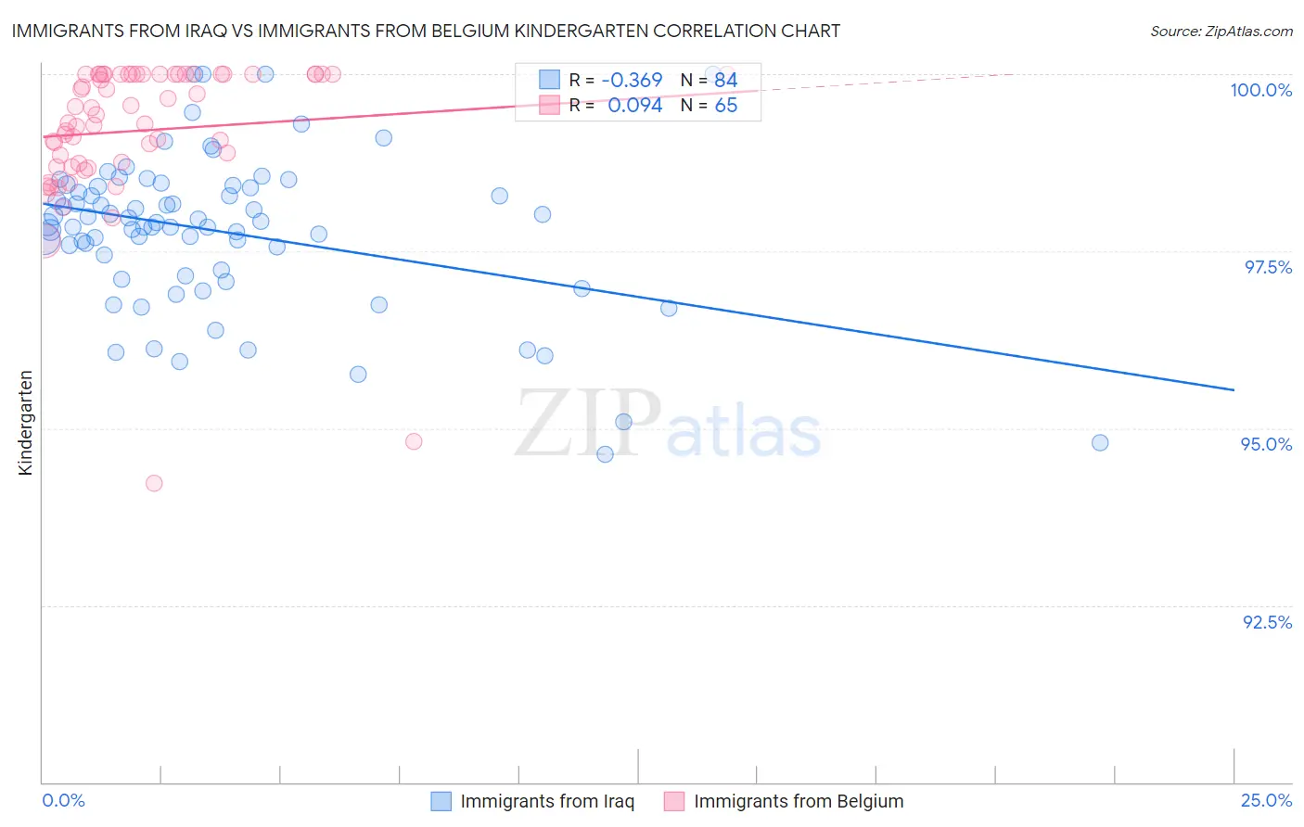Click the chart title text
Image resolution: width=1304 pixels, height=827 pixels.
426,31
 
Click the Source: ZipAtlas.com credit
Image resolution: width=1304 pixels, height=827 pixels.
1221,31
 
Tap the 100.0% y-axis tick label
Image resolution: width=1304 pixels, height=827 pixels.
1260,90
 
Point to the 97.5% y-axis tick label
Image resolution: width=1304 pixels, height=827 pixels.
1267,267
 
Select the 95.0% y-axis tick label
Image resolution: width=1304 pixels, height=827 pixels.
1266,444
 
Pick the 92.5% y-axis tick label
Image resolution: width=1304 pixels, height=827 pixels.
1267,622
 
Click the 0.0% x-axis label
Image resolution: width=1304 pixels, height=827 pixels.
63,800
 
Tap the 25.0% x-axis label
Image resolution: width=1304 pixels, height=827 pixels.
1266,800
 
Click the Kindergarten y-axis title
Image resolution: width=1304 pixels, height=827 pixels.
26,423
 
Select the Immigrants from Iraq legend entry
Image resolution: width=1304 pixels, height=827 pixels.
533,801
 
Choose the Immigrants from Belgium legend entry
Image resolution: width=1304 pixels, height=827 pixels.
785,801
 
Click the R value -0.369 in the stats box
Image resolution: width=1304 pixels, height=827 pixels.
632,81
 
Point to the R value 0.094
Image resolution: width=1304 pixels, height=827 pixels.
634,106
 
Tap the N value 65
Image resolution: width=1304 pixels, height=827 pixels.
725,106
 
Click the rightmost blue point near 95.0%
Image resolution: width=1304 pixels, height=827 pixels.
1100,442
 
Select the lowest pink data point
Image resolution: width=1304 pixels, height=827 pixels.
154,483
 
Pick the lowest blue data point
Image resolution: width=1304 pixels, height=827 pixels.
605,454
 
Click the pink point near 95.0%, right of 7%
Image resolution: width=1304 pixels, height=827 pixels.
414,441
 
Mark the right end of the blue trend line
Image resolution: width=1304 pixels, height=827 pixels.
1234,390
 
